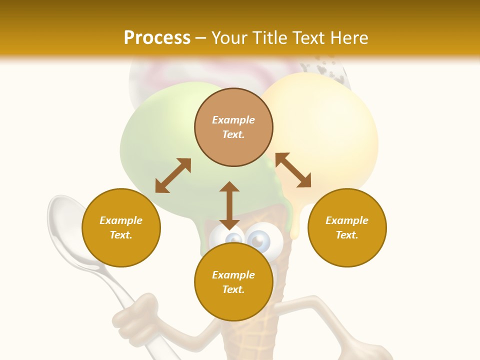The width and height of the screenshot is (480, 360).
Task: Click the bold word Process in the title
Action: pos(157,38)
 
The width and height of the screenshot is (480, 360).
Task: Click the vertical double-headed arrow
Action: pos(229,205)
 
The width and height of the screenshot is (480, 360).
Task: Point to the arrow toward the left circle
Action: pos(173,175)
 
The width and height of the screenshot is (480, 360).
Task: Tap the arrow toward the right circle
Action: pos(293,170)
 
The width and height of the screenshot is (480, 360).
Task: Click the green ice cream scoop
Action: pos(160,145)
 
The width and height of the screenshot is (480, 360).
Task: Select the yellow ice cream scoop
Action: pos(330,125)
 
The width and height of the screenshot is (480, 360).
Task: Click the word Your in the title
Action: pos(228,38)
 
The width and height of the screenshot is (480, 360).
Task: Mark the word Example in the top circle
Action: pos(233,120)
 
